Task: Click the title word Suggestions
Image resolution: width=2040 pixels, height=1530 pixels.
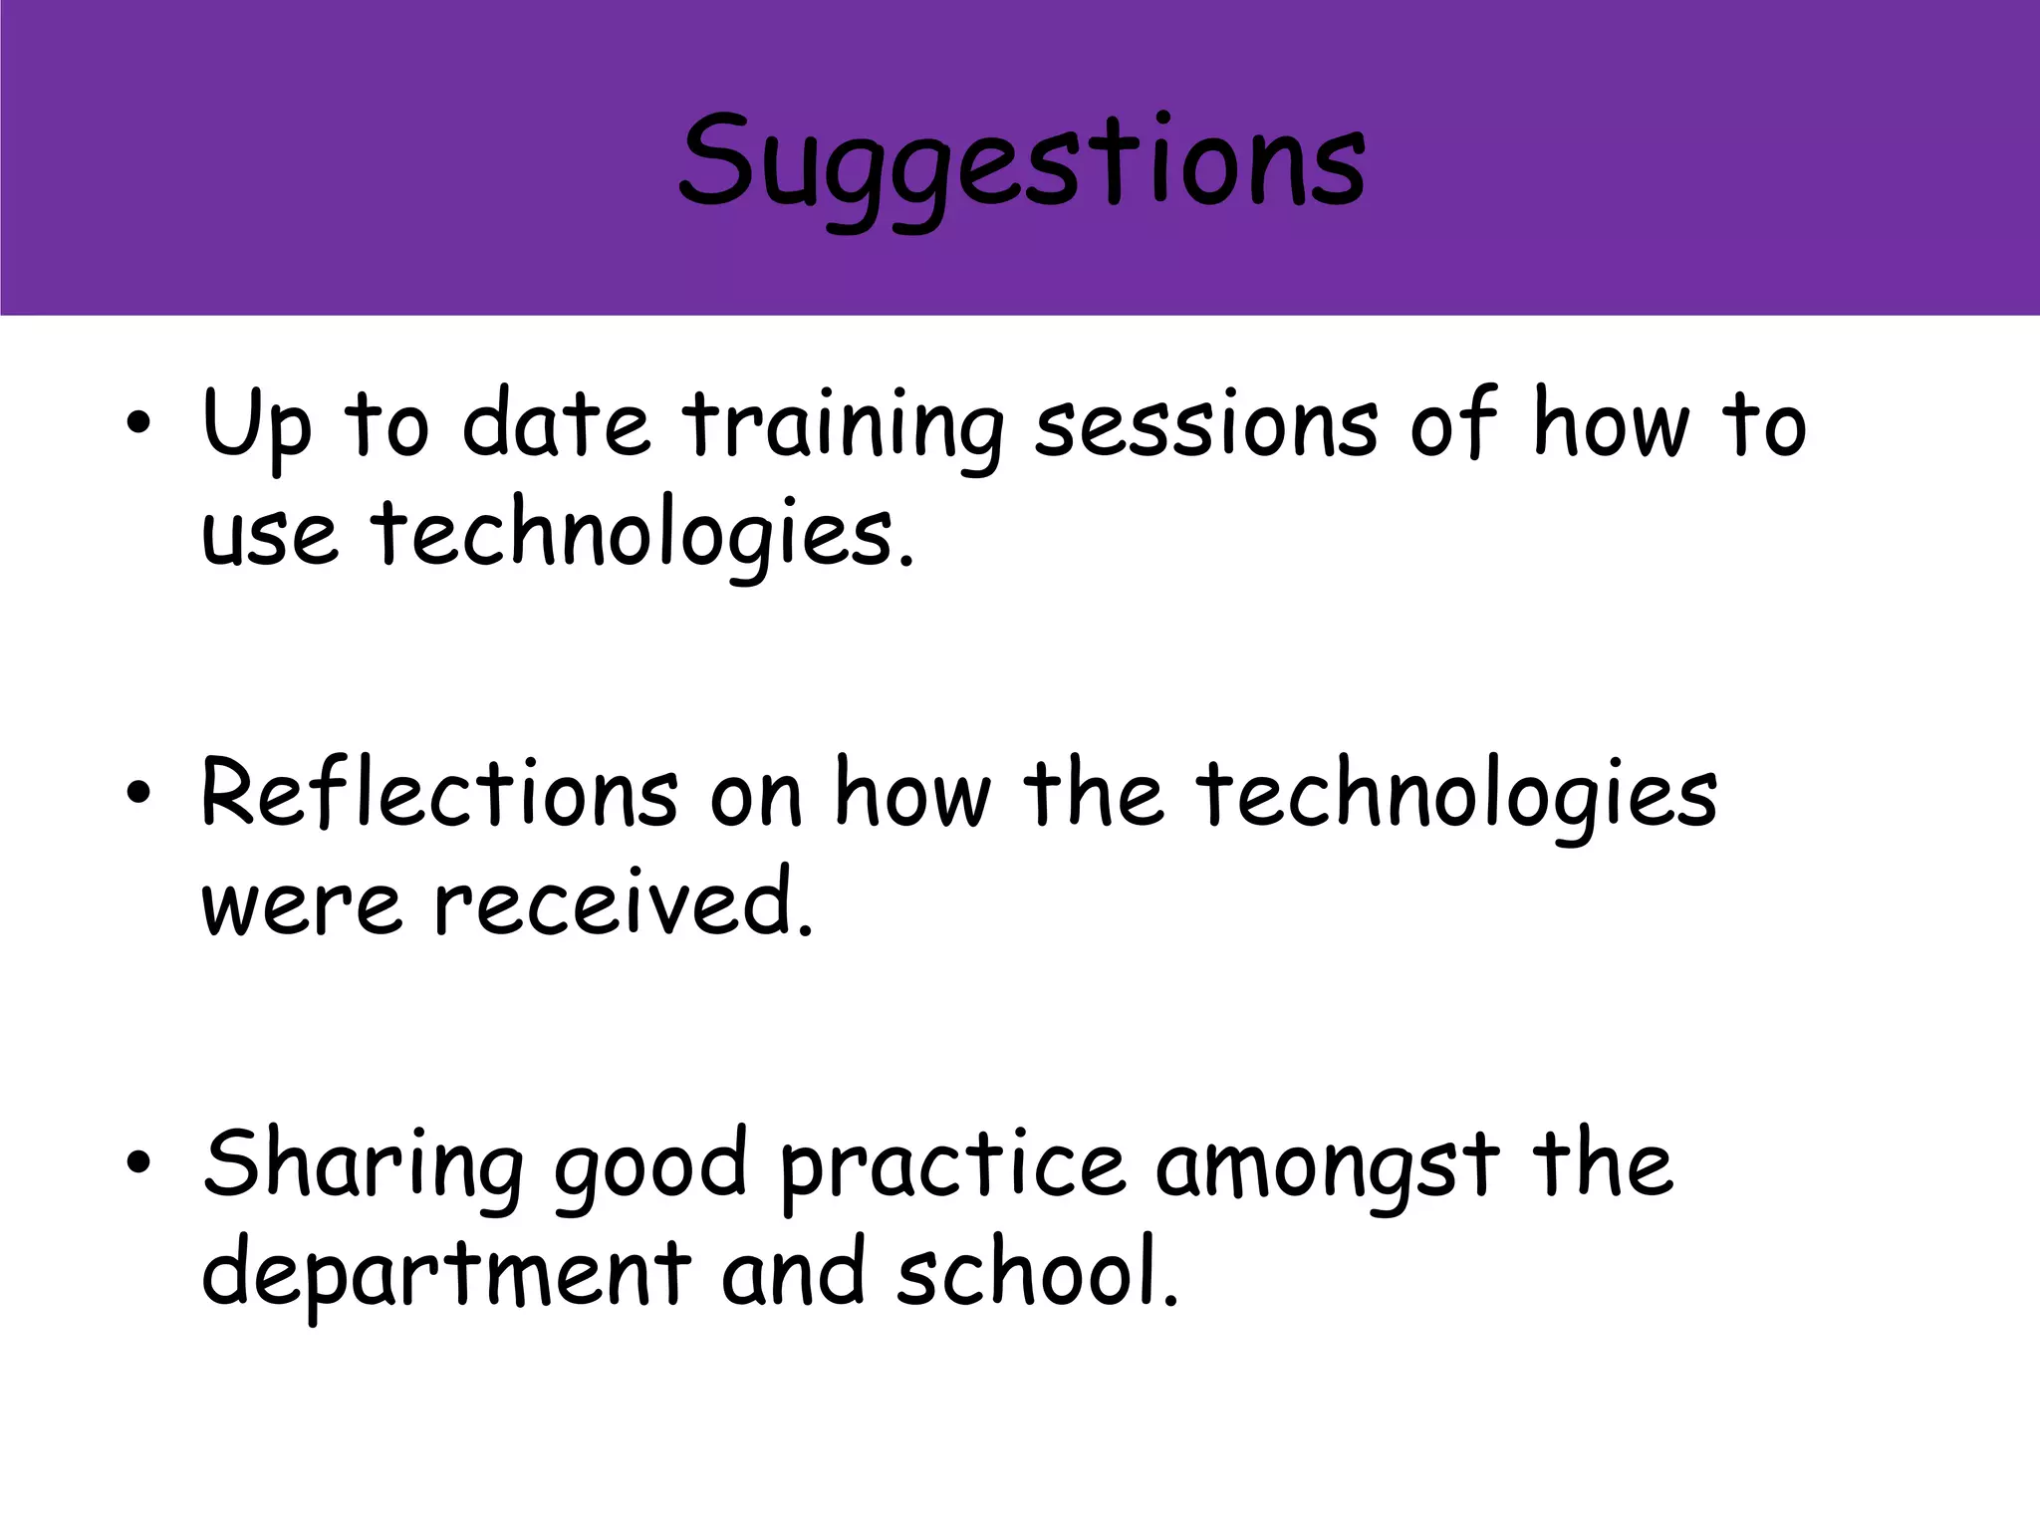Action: (1021, 164)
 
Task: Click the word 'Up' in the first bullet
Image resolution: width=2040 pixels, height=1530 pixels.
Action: (257, 426)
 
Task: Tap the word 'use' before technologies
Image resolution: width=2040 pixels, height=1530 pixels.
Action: (270, 536)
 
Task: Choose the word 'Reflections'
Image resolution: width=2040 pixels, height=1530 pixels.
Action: (439, 794)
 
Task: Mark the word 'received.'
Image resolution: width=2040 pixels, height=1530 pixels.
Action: (624, 903)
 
